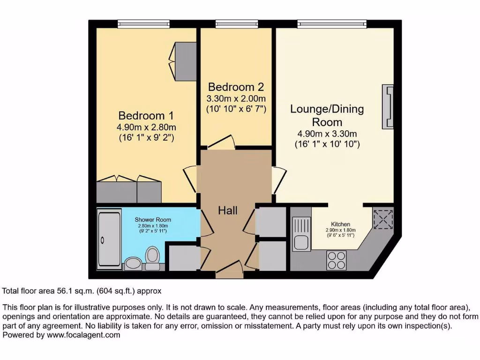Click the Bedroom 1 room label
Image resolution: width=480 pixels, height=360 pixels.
[x=142, y=115]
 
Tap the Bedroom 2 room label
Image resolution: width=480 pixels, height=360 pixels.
[x=236, y=87]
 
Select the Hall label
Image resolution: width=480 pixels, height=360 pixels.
[x=228, y=210]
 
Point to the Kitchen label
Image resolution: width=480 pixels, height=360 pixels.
[x=341, y=224]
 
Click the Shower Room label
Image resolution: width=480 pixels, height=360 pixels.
[x=153, y=219]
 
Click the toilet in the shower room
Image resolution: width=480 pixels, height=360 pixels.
[x=152, y=258]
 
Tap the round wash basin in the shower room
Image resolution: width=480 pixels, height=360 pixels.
[x=132, y=263]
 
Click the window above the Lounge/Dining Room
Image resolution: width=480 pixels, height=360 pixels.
[x=332, y=23]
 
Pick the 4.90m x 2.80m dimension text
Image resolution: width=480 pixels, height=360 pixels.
[x=147, y=127]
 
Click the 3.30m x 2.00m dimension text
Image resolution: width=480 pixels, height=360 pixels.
[x=236, y=99]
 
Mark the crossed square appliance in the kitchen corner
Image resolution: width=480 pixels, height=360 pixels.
[x=384, y=218]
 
